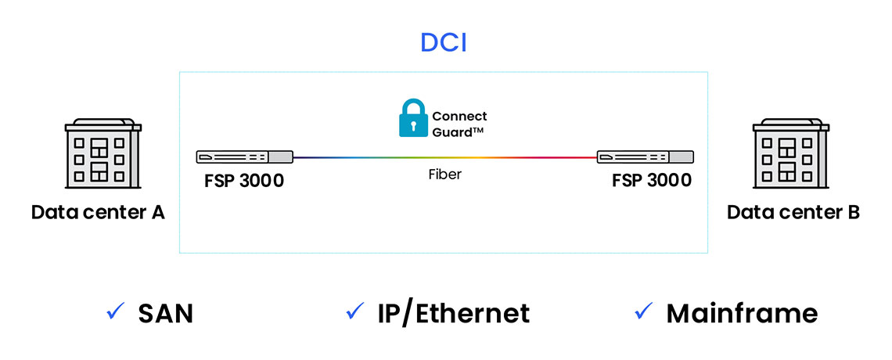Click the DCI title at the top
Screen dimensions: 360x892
click(443, 42)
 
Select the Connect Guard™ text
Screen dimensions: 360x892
click(459, 124)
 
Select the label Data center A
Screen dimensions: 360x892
click(98, 212)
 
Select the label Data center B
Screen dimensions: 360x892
click(793, 212)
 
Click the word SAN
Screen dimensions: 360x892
click(166, 314)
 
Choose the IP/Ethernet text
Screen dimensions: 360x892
click(453, 314)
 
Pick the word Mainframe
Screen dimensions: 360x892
click(742, 314)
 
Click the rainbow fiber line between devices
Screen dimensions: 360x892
click(444, 157)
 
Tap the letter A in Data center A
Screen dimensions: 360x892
click(156, 212)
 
